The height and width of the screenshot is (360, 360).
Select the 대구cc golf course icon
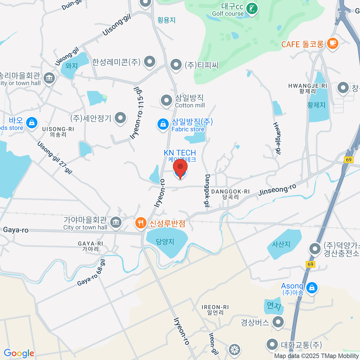click(251, 9)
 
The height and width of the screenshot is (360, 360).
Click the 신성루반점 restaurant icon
click(140, 223)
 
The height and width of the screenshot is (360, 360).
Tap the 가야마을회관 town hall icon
click(115, 222)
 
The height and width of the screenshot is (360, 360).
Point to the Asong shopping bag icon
click(312, 287)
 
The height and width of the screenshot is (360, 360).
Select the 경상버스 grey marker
click(278, 322)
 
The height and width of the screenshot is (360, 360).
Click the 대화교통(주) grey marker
click(272, 344)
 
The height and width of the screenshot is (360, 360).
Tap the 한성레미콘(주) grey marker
click(149, 61)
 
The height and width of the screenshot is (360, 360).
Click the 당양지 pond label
click(165, 242)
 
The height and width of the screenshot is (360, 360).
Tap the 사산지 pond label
click(281, 244)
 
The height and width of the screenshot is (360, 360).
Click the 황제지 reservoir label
click(316, 105)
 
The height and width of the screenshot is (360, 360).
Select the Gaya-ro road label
click(16, 230)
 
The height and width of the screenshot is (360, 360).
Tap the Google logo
click(19, 353)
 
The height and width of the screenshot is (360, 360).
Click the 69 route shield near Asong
click(310, 264)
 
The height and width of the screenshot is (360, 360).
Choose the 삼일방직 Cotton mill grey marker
click(166, 100)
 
